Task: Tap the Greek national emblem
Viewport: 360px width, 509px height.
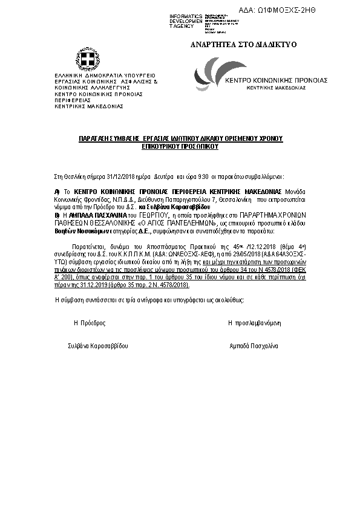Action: (x=87, y=60)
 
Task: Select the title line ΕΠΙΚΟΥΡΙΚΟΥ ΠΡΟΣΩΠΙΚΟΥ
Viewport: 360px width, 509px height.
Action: (x=181, y=146)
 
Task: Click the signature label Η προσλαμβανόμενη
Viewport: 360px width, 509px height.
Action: (x=254, y=323)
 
